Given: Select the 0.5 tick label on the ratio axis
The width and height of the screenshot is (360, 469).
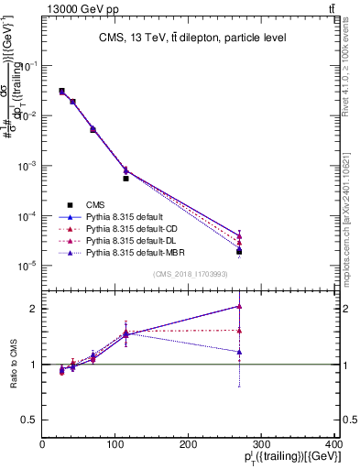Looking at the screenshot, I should [x=30, y=420].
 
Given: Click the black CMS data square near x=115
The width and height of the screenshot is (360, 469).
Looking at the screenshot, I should [x=125, y=178].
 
